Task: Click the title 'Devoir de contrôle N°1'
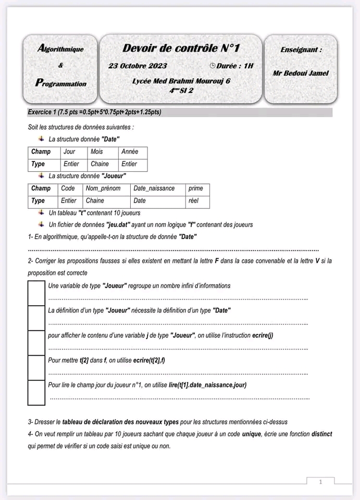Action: pyautogui.click(x=181, y=48)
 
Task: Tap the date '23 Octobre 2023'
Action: pyautogui.click(x=138, y=66)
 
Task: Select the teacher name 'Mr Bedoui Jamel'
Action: pyautogui.click(x=301, y=73)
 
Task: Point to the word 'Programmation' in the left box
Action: pyautogui.click(x=61, y=83)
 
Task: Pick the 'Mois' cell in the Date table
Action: pyautogui.click(x=97, y=152)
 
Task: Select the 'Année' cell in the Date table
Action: pyautogui.click(x=130, y=152)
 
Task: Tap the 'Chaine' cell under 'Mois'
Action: pyautogui.click(x=100, y=164)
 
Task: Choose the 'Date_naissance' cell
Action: pyautogui.click(x=154, y=189)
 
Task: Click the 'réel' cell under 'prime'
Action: pyautogui.click(x=194, y=201)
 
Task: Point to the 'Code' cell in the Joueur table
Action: pyautogui.click(x=68, y=189)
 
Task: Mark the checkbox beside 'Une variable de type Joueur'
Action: pyautogui.click(x=36, y=293)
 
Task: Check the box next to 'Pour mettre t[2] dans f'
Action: pyautogui.click(x=36, y=368)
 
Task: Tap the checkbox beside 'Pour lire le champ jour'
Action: pyautogui.click(x=36, y=392)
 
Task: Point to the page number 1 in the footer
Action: pyautogui.click(x=320, y=482)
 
